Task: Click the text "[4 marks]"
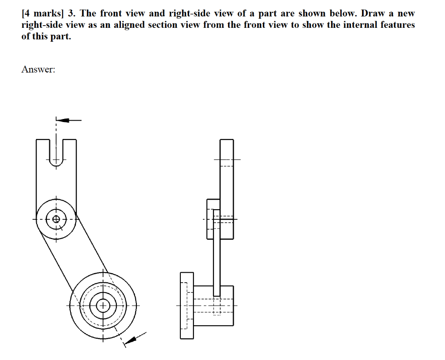[42, 13]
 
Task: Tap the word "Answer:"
[38, 69]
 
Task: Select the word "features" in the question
[396, 25]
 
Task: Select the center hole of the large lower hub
[103, 305]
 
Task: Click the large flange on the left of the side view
[187, 306]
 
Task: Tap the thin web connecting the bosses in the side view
[217, 261]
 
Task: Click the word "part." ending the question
[59, 36]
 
